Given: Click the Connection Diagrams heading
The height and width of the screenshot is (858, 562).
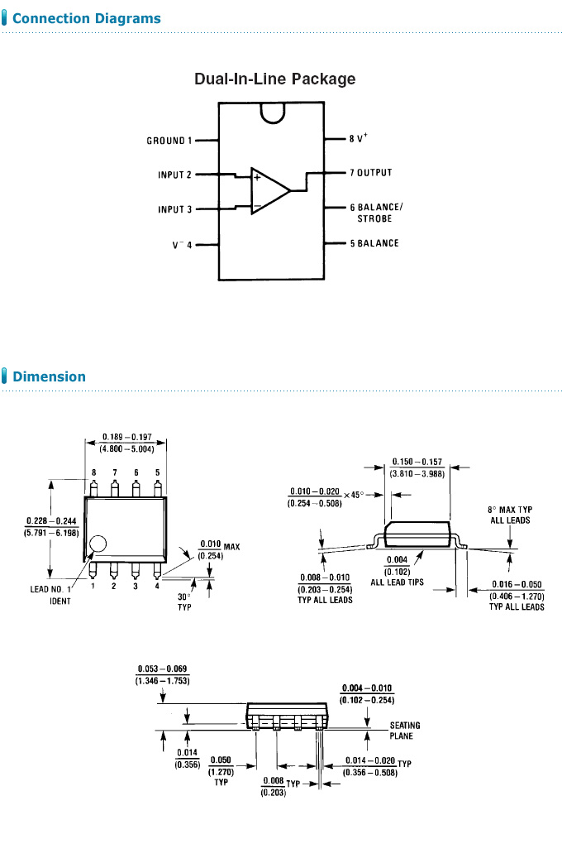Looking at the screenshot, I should pos(87,18).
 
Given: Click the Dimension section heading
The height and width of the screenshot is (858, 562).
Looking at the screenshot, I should pos(49,376).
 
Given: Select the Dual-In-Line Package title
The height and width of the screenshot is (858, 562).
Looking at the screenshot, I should pos(274,79).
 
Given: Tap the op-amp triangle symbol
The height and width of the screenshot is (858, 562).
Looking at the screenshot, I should pos(269,190).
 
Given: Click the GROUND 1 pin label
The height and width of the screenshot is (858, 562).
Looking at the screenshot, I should pos(169,141).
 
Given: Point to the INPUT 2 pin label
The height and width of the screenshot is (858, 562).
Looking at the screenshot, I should pos(174,175).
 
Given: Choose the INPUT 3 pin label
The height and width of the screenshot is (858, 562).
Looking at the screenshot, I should pos(174,209).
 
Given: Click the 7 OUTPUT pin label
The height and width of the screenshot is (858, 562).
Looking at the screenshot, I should pos(370,173).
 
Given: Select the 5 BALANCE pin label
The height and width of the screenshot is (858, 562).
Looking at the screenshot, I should pos(374,243).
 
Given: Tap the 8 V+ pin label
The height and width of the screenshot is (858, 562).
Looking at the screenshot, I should pos(358,139).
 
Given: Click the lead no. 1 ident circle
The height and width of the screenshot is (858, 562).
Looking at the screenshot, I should pos(98,544).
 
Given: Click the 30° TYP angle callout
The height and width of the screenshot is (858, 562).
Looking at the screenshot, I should pos(183,601).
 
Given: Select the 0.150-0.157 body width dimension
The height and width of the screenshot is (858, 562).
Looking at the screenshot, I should pos(417,467).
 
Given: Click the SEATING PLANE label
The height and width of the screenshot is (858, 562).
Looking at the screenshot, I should pos(405,731).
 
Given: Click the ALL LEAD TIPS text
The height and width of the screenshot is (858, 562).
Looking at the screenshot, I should pos(398,582).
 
